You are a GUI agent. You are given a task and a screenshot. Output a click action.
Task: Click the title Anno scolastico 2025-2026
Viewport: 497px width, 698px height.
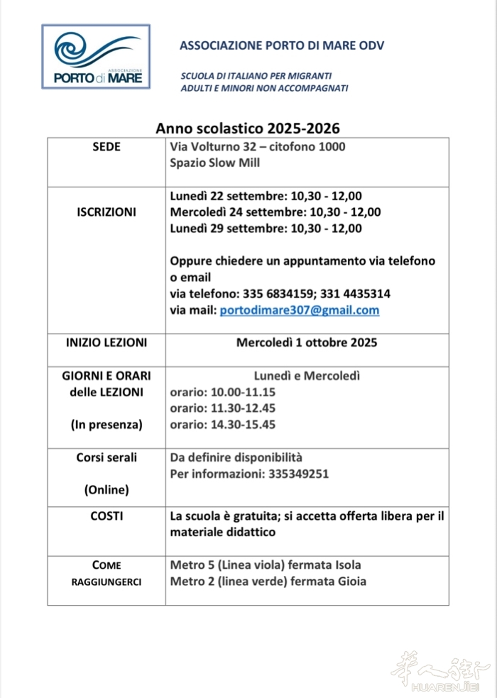(x=248, y=129)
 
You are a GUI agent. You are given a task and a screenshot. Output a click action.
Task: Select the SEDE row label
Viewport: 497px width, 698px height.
(x=106, y=147)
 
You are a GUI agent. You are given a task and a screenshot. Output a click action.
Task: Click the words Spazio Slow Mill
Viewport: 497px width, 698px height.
(x=215, y=163)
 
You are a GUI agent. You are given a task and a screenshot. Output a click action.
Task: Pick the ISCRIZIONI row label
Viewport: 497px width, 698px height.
(x=106, y=212)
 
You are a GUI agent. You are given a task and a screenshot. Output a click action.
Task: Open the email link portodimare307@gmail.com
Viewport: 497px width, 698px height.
(x=299, y=310)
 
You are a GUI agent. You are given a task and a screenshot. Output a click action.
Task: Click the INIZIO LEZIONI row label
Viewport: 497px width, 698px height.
(x=106, y=342)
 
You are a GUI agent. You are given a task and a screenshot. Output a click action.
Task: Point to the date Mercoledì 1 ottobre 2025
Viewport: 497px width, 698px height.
(x=307, y=342)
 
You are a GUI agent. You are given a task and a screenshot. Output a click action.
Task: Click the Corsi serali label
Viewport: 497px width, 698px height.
(x=106, y=457)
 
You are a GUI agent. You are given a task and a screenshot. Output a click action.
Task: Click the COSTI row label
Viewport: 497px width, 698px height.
(x=106, y=516)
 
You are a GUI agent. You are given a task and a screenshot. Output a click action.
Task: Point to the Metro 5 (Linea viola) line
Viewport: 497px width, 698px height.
(x=266, y=565)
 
